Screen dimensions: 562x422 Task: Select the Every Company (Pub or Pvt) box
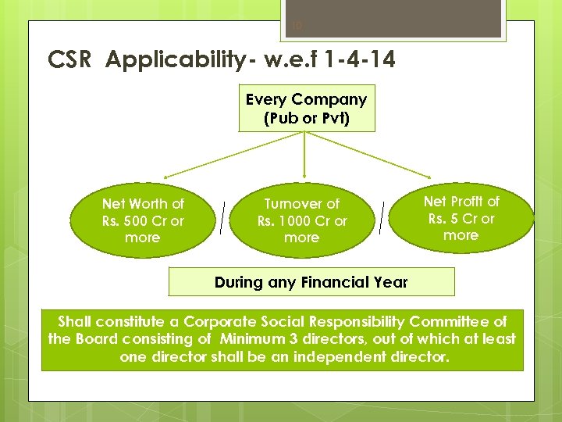point(306,109)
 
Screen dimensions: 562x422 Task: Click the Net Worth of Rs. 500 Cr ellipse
point(142,220)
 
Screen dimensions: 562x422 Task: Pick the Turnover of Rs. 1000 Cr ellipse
point(302,220)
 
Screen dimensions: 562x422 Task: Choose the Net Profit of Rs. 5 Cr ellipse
point(461,218)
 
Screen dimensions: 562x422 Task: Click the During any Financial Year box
point(311,282)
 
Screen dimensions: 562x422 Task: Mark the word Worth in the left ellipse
point(148,204)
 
